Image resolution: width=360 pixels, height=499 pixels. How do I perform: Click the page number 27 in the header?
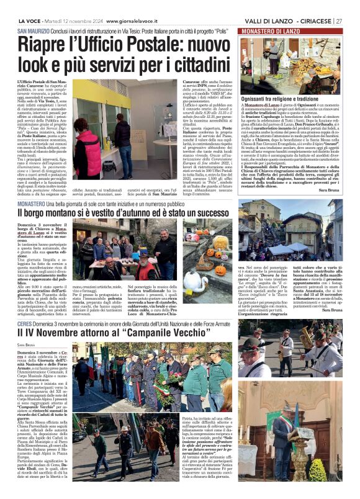pyautogui.click(x=339, y=20)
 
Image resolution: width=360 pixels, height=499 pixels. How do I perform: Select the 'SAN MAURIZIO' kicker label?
pyautogui.click(x=33, y=31)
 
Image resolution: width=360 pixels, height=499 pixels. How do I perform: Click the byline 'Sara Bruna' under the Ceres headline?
pyautogui.click(x=27, y=344)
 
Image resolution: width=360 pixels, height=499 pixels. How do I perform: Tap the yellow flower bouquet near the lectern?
pyautogui.click(x=318, y=470)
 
